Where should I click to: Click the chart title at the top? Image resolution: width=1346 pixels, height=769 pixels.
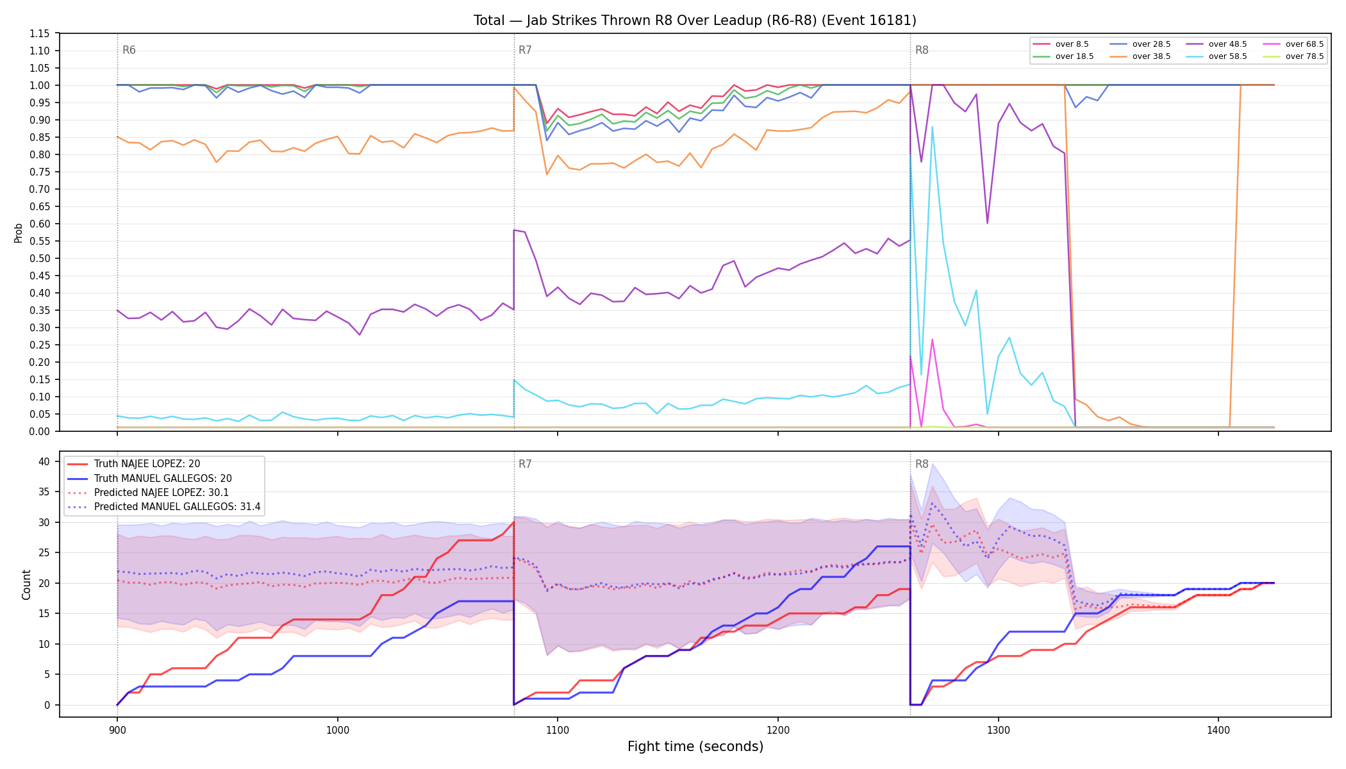pyautogui.click(x=695, y=21)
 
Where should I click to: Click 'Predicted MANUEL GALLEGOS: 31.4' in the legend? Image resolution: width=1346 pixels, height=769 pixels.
pyautogui.click(x=163, y=507)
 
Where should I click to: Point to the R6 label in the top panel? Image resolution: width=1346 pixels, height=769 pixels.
pyautogui.click(x=129, y=50)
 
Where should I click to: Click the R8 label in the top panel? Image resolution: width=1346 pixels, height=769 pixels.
pyautogui.click(x=922, y=50)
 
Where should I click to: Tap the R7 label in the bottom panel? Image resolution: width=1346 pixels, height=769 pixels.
pyautogui.click(x=525, y=464)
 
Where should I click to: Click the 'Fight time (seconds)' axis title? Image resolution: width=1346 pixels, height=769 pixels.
pyautogui.click(x=695, y=747)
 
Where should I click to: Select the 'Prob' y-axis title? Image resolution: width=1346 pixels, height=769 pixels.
pyautogui.click(x=19, y=233)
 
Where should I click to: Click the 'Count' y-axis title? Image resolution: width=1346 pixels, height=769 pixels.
pyautogui.click(x=26, y=584)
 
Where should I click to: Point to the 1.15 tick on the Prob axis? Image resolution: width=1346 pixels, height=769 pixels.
pyautogui.click(x=40, y=33)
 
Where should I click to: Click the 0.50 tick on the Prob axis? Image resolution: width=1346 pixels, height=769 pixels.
pyautogui.click(x=40, y=258)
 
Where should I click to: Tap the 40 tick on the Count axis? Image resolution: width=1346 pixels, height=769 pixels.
pyautogui.click(x=44, y=461)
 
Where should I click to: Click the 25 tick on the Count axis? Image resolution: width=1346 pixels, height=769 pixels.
pyautogui.click(x=44, y=552)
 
